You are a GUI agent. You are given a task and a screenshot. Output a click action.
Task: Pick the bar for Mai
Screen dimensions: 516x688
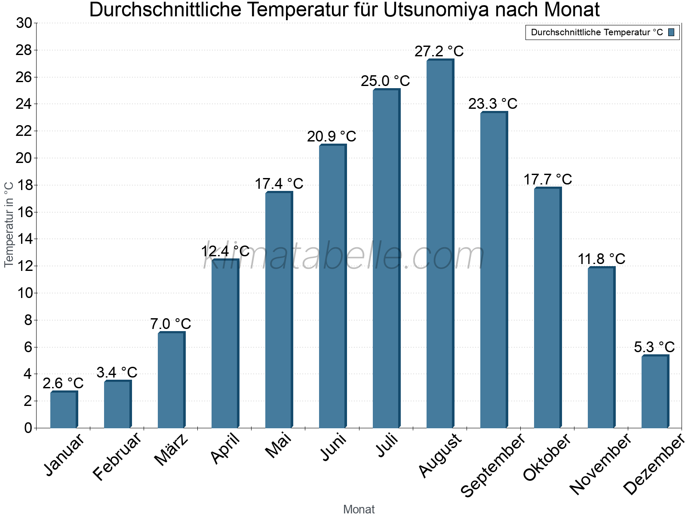click(278, 310)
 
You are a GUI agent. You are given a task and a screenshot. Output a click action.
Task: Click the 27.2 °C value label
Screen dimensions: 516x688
click(439, 52)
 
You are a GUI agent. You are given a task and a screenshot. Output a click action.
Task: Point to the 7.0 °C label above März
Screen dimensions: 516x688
click(171, 324)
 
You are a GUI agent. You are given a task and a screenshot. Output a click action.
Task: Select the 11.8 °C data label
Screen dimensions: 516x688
click(601, 259)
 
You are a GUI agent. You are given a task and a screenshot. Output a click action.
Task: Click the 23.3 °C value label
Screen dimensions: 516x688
click(493, 104)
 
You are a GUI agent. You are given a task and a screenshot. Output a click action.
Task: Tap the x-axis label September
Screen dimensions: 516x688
click(493, 465)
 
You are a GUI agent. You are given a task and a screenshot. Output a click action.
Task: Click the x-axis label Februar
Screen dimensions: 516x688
click(117, 456)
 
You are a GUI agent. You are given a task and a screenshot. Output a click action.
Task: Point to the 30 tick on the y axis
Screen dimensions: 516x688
click(24, 23)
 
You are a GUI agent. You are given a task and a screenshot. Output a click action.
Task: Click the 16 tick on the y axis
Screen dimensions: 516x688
click(24, 212)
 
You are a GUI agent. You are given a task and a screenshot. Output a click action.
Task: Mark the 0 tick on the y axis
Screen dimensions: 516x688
click(28, 428)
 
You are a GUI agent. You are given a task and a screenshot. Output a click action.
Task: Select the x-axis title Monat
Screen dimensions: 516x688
click(359, 509)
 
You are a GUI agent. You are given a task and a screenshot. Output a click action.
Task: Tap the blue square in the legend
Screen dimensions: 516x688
click(671, 32)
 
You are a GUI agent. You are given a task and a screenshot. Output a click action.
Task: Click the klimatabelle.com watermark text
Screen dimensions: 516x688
click(344, 256)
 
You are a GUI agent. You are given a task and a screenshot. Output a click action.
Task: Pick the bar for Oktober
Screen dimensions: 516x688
click(547, 307)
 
